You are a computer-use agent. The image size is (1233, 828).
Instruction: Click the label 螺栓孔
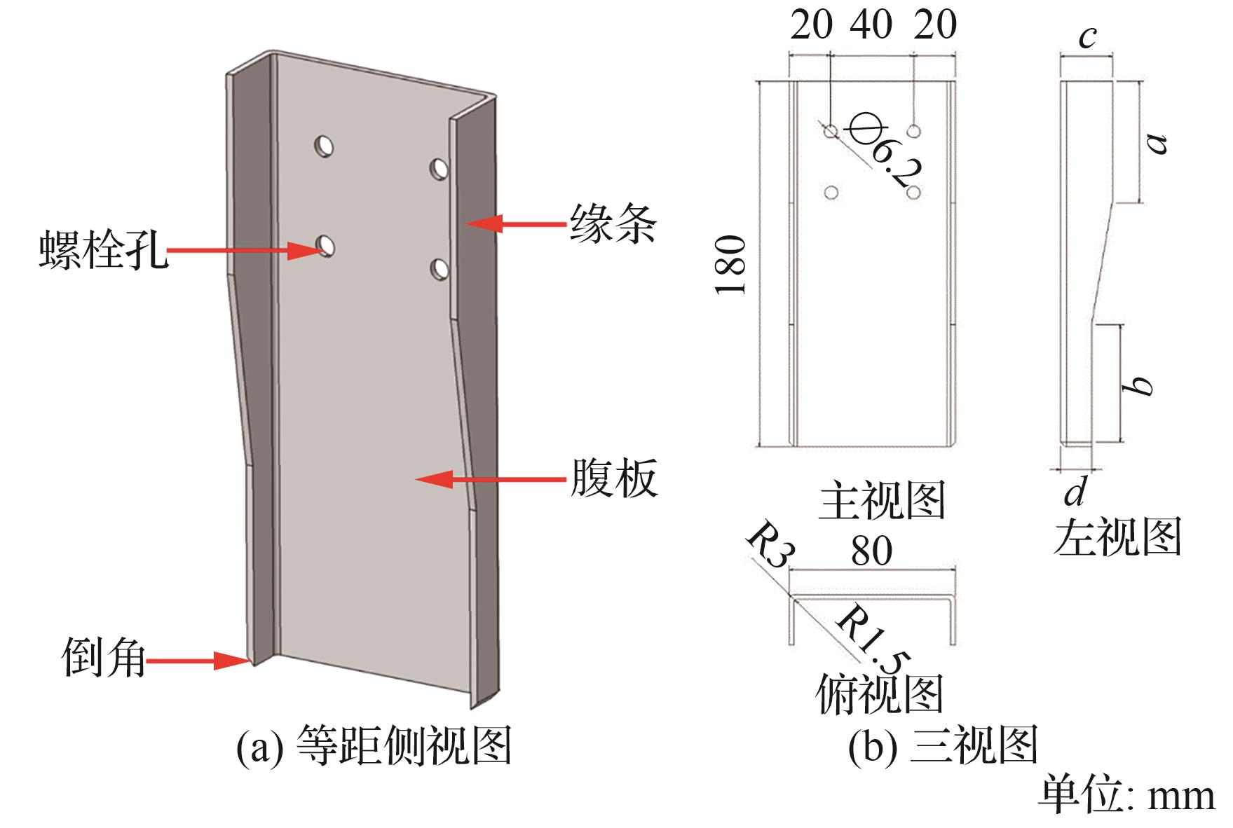103,250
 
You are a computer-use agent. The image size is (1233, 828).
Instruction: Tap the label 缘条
612,223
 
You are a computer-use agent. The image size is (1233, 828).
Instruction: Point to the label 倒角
104,658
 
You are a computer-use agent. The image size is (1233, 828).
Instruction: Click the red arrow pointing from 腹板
490,479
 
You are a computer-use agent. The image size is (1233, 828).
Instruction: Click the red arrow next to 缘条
515,223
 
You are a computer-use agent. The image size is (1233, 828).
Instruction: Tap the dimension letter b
1137,385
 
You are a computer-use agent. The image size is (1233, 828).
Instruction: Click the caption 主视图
882,500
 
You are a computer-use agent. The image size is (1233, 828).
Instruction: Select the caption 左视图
1117,537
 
